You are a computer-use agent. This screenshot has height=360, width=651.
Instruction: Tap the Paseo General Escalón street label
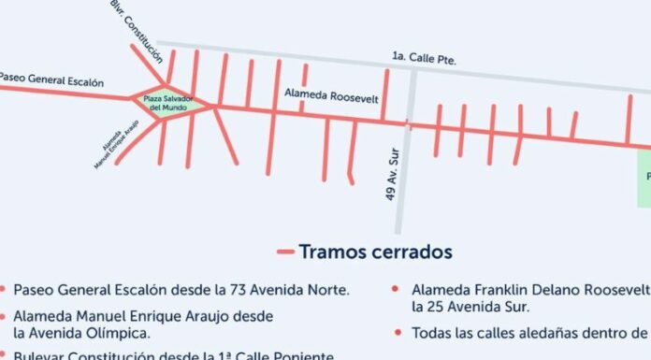pyautogui.click(x=64, y=79)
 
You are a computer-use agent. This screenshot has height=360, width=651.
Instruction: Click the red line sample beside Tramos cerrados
pyautogui.click(x=285, y=252)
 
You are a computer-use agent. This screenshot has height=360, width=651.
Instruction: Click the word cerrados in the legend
pyautogui.click(x=411, y=252)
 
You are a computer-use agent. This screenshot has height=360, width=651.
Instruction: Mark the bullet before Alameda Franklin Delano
pyautogui.click(x=398, y=290)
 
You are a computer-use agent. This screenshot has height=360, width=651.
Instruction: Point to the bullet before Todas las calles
pyautogui.click(x=398, y=332)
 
